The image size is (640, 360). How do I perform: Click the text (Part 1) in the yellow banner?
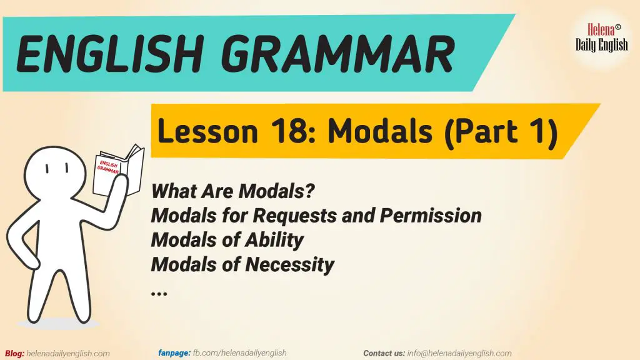tap(501, 132)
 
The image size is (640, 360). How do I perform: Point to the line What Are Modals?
tap(232, 190)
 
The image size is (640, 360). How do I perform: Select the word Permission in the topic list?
tap(431, 216)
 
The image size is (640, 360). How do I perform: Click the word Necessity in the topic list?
tap(289, 264)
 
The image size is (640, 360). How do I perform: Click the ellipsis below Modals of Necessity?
tap(159, 291)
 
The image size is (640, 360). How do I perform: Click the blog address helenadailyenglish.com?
tap(68, 353)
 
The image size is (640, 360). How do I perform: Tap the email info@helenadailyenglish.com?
tap(459, 353)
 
